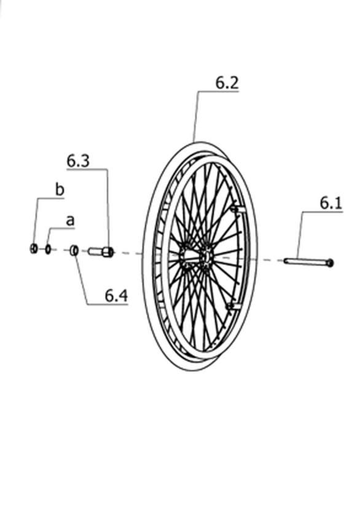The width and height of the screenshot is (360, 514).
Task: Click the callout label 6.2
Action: [x=227, y=83]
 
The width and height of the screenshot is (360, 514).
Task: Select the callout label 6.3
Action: [x=78, y=161]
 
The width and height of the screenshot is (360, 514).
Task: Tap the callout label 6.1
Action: [x=331, y=204]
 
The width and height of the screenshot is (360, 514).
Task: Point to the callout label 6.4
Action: [x=116, y=296]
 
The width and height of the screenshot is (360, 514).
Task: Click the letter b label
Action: [x=60, y=190]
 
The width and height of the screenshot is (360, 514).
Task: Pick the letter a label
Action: [x=70, y=221]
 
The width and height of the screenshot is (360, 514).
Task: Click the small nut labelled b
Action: [x=33, y=249]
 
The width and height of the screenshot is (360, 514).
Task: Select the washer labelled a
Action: [x=48, y=249]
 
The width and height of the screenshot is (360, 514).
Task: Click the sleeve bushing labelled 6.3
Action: [x=101, y=251]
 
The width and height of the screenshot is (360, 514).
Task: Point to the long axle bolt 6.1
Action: [x=308, y=261]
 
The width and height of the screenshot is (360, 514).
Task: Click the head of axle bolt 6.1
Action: [x=330, y=263]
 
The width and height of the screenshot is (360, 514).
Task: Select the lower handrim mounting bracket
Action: [x=234, y=306]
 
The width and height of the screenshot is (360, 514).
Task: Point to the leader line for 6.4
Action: [x=82, y=280]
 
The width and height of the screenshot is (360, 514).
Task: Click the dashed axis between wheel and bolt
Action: [x=265, y=259]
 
